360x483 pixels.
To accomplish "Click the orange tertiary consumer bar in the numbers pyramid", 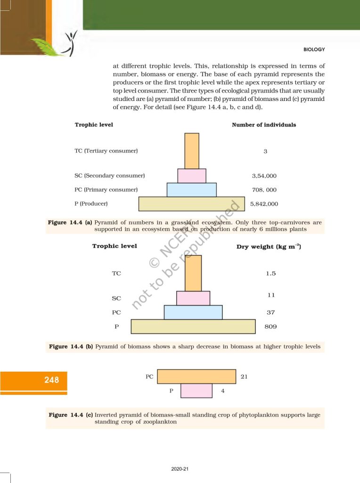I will (x=192, y=151).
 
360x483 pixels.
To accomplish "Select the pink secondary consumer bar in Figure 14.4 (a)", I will (x=192, y=176).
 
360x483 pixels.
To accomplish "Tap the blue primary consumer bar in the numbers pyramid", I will (x=192, y=190).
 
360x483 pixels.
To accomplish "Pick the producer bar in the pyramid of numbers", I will (x=191, y=204).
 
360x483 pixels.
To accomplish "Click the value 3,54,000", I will (x=264, y=176).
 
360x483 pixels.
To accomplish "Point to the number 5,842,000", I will (x=264, y=204).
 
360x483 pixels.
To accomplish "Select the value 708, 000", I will (x=264, y=190).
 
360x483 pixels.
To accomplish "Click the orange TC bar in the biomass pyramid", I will (x=193, y=273).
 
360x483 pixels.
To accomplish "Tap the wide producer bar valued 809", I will (x=193, y=327).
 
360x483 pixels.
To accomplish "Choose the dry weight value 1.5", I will (x=270, y=274).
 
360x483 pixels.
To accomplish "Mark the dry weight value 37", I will (x=270, y=312).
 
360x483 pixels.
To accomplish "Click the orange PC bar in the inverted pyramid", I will (x=196, y=376).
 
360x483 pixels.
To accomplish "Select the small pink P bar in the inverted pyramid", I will (x=196, y=391).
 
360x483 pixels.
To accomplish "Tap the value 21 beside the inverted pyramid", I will (x=244, y=377).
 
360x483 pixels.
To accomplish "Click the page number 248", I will (x=52, y=380).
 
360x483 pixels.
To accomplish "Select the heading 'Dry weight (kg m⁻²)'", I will (x=269, y=247).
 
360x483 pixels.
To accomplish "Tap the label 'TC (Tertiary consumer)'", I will (x=106, y=151).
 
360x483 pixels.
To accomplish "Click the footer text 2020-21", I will (x=180, y=469).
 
